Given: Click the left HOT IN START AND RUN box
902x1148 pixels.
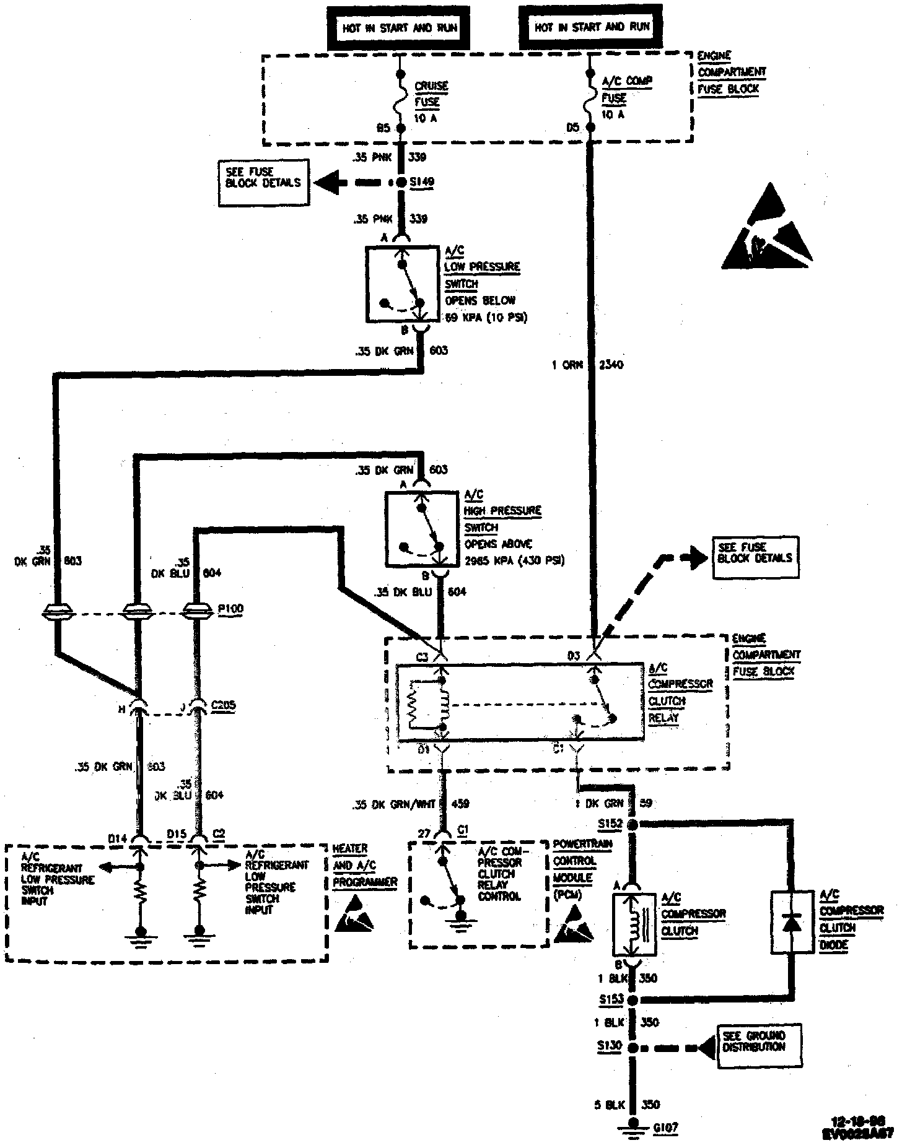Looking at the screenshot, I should [400, 28].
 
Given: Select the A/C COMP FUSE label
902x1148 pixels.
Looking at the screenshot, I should [619, 90].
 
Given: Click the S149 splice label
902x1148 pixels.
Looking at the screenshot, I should [423, 182].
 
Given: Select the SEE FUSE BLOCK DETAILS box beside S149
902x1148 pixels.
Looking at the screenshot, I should [263, 183].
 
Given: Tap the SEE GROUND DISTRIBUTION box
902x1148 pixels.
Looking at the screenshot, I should [759, 1046].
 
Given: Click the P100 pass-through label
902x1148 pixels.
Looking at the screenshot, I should [231, 609].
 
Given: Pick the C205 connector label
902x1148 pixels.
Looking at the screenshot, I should [224, 705].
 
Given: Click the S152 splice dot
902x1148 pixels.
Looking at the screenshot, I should [633, 825].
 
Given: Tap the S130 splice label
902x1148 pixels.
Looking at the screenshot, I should [610, 1046].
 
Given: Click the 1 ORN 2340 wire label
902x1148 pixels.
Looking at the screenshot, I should [587, 365].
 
